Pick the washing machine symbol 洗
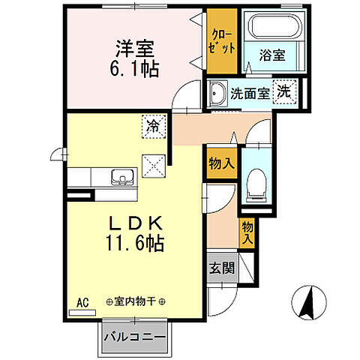click(x=284, y=91)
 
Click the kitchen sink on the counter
click(x=121, y=178)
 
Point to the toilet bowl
click(x=256, y=182)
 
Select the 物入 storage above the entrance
click(x=247, y=232)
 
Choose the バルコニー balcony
click(x=135, y=335)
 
